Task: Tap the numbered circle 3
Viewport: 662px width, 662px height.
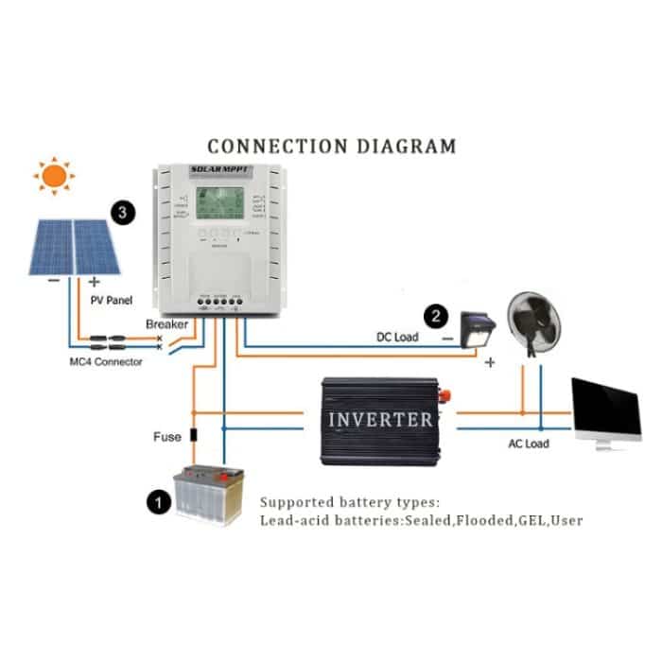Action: click(121, 211)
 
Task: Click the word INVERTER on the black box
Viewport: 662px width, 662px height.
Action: click(380, 419)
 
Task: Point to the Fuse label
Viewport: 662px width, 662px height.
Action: click(166, 437)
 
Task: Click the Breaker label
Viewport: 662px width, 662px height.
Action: click(167, 324)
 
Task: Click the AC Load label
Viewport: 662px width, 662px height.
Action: click(530, 444)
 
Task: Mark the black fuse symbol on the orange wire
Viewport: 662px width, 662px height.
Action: click(193, 436)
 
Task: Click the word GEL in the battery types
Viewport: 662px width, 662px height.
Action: click(519, 520)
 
